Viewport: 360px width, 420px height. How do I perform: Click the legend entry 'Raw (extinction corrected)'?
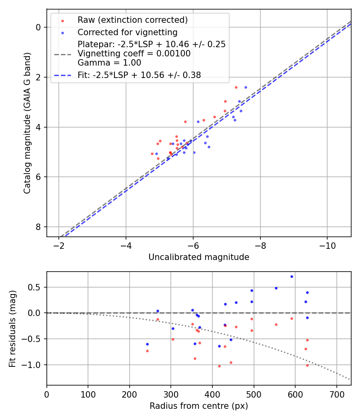[132, 20]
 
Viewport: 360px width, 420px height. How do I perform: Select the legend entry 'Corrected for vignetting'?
[127, 32]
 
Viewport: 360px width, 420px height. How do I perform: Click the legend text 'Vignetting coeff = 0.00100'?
[134, 54]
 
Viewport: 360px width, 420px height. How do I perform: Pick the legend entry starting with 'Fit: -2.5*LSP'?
[139, 75]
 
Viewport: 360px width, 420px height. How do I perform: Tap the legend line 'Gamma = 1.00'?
[109, 62]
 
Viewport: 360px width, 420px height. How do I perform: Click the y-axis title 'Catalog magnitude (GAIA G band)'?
[27, 123]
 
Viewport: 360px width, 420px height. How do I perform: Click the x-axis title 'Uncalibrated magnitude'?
[199, 257]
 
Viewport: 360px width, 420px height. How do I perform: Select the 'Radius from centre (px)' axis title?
[199, 406]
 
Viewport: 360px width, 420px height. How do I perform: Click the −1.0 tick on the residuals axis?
[33, 365]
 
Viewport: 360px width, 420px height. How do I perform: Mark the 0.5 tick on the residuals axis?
[35, 287]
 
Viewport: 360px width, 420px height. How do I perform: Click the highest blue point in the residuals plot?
[292, 276]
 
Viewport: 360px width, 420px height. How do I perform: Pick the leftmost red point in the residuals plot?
[147, 351]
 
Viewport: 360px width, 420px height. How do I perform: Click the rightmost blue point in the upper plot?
[246, 87]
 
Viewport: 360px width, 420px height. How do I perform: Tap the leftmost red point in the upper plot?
[152, 154]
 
